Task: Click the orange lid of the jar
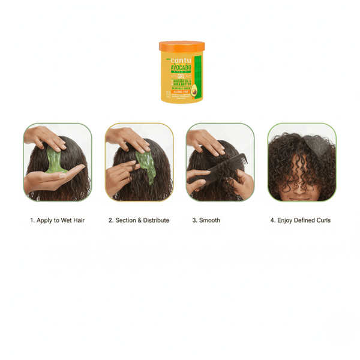pyautogui.click(x=182, y=46)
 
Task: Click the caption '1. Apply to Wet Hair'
pyautogui.click(x=58, y=220)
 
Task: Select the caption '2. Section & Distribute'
pyautogui.click(x=139, y=220)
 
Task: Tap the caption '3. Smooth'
pyautogui.click(x=206, y=220)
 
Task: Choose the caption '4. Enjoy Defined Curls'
pyautogui.click(x=300, y=220)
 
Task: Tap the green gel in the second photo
pyautogui.click(x=146, y=165)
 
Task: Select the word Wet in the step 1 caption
pyautogui.click(x=65, y=220)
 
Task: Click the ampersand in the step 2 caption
pyautogui.click(x=139, y=220)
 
